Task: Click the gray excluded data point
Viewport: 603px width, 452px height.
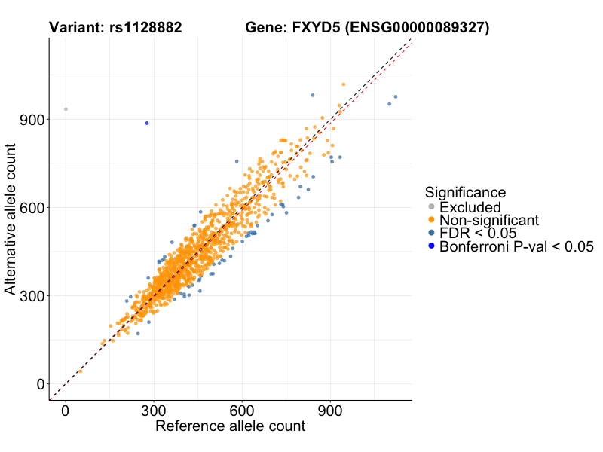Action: coord(66,109)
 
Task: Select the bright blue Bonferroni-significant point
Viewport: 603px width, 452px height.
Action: coord(147,123)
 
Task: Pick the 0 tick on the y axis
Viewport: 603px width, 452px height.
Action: coord(38,384)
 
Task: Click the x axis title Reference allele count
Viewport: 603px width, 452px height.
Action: coord(230,426)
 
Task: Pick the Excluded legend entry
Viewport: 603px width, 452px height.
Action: coord(470,206)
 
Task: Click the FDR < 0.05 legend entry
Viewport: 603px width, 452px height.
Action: coord(479,233)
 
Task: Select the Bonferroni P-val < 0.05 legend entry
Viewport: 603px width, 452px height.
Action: coord(516,246)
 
